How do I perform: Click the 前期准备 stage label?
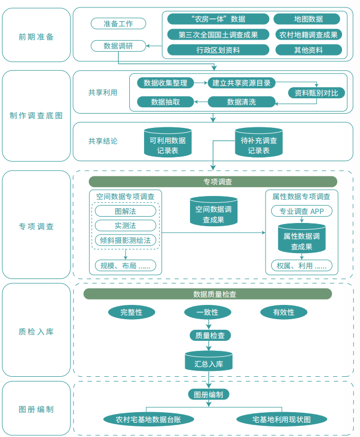[x=36, y=37]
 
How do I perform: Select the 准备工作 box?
[x=118, y=24]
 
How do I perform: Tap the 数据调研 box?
[x=118, y=46]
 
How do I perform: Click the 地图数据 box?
[x=308, y=19]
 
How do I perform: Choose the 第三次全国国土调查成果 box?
[x=219, y=35]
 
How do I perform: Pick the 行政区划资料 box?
[x=218, y=50]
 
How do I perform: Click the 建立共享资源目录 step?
[x=241, y=83]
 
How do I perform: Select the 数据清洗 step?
[x=241, y=101]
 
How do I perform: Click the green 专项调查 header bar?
[x=213, y=182]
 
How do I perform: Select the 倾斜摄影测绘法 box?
[x=125, y=240]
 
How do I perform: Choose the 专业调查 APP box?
[x=301, y=211]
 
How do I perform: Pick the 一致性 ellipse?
[x=207, y=312]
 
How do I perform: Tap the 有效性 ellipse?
[x=283, y=312]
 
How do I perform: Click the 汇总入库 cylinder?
[x=209, y=363]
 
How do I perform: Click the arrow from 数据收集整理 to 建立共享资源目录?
[x=200, y=83]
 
